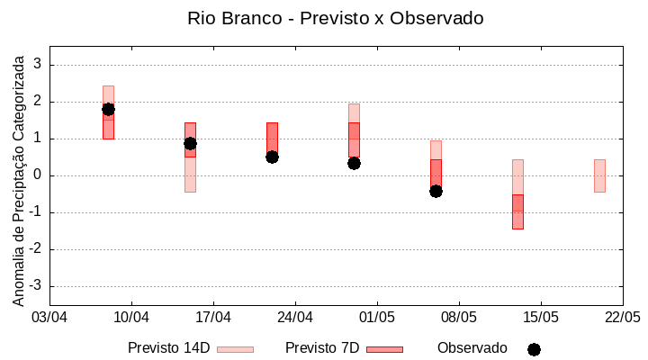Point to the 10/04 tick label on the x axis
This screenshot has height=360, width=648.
pos(131,317)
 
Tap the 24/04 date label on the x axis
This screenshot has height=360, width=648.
pos(295,317)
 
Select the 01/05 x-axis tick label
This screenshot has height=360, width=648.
pos(377,317)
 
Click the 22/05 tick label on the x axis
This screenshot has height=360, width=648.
pos(622,317)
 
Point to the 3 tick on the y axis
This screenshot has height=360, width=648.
pos(38,65)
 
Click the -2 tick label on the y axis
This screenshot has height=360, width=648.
pos(35,249)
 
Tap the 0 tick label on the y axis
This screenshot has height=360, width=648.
pos(38,175)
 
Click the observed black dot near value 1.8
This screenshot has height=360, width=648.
pos(108,109)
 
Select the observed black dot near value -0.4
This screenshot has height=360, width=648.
pos(436,191)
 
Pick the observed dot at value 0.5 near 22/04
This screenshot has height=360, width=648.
pos(272,157)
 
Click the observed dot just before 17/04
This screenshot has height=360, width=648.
pos(190,143)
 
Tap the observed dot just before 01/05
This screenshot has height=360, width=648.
pos(354,163)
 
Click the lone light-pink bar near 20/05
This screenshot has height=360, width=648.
pos(599,175)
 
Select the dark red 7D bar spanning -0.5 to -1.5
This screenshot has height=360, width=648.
pos(517,212)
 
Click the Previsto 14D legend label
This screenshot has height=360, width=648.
pos(169,348)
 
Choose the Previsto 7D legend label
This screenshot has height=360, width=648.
pos(322,348)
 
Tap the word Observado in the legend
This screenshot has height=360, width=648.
pos(472,348)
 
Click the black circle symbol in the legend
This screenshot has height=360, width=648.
pos(534,349)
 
